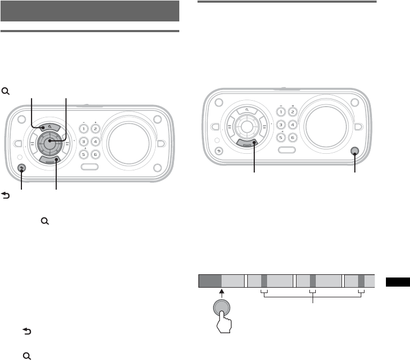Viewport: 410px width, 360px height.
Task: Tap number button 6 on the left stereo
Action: click(95, 155)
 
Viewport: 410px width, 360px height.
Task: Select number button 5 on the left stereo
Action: click(83, 155)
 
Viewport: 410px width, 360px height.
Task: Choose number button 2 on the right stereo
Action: click(292, 112)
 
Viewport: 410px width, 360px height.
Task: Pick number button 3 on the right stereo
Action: click(280, 125)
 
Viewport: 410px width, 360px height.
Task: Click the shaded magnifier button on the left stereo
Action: click(49, 127)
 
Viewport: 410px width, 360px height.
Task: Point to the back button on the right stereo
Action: click(218, 151)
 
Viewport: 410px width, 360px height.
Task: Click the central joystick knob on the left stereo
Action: click(49, 142)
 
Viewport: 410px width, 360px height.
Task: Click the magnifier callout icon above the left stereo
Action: click(6, 92)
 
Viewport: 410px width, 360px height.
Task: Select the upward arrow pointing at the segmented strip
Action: click(222, 294)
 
